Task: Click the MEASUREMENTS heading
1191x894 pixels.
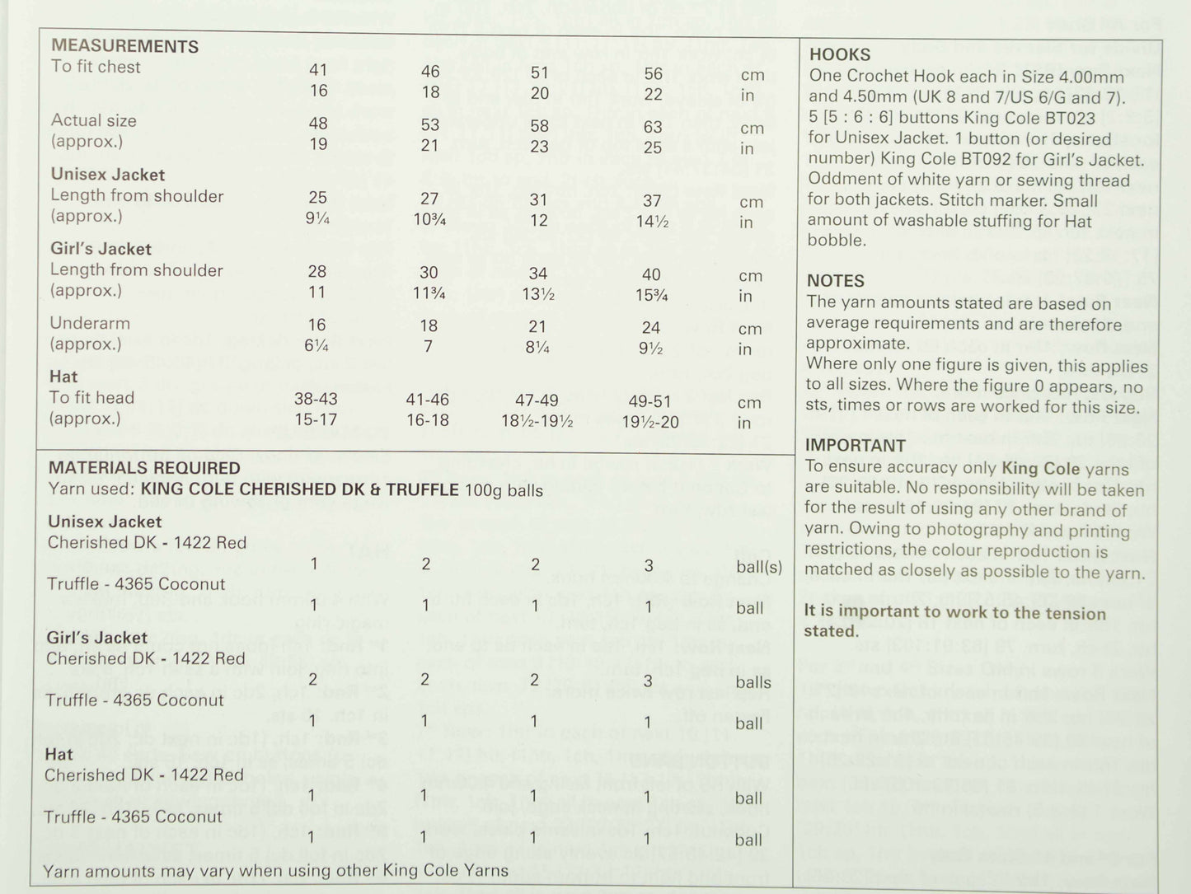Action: click(124, 46)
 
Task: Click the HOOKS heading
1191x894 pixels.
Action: click(840, 54)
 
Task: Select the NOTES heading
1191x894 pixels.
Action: click(836, 281)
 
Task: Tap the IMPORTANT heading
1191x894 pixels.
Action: click(856, 446)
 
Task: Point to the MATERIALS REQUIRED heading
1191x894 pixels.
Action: click(144, 468)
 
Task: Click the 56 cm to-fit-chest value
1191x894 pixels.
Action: click(654, 74)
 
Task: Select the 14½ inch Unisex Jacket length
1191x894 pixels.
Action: click(652, 222)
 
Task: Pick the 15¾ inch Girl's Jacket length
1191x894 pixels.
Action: click(652, 295)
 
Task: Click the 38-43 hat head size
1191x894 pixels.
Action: click(317, 399)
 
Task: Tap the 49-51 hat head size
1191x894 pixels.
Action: click(651, 401)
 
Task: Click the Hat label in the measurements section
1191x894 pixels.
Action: click(63, 377)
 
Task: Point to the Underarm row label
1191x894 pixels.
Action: click(90, 323)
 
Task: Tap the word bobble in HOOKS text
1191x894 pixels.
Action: click(837, 241)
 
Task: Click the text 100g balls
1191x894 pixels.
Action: click(504, 491)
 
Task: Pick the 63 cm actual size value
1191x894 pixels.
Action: click(653, 127)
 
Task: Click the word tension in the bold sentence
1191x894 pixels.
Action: click(1072, 613)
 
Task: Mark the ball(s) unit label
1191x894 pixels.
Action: click(759, 567)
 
